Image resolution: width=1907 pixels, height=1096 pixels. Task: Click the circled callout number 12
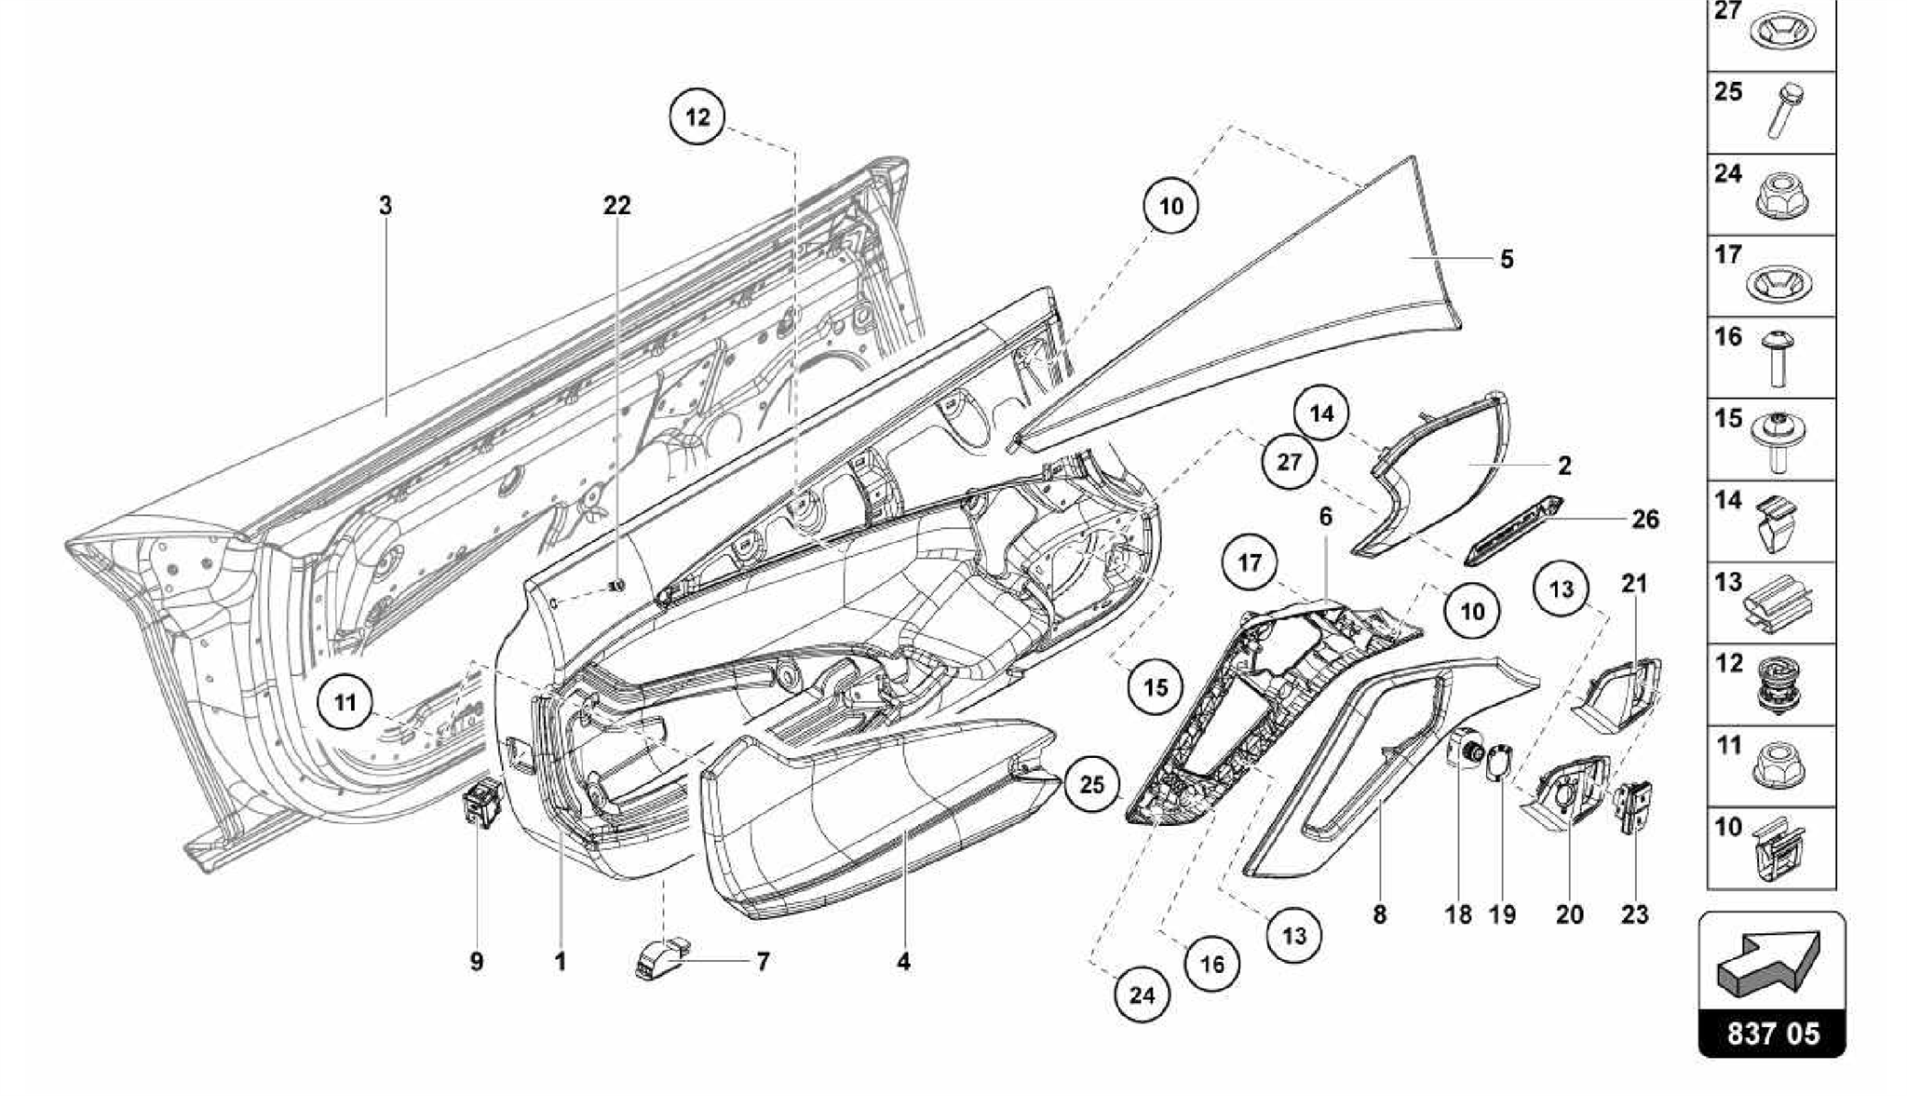697,116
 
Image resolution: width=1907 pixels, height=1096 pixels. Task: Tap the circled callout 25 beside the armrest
1091,784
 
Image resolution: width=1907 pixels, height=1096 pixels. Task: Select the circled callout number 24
1142,995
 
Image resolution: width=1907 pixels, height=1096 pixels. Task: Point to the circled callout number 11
345,702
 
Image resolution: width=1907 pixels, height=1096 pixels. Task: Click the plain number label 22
616,206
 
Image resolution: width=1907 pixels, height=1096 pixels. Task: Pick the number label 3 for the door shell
385,206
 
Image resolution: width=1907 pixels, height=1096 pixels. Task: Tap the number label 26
1645,520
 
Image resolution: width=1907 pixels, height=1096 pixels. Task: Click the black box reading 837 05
1772,1034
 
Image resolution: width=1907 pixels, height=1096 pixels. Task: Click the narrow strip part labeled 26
1513,531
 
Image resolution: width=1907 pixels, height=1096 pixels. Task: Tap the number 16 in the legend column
1728,337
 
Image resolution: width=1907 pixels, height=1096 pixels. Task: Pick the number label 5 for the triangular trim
1507,259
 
